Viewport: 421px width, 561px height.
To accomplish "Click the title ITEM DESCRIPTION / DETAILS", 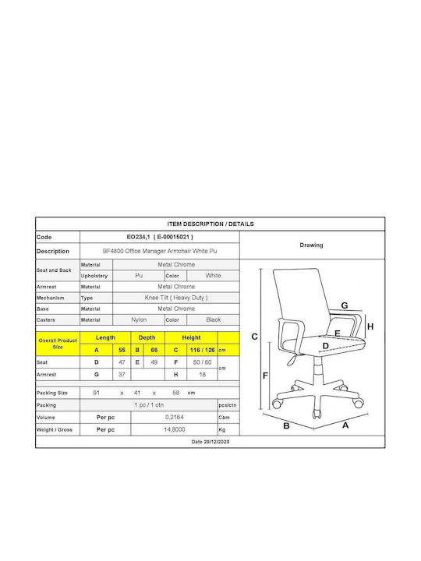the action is [210, 224].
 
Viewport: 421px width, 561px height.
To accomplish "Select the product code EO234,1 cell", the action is [160, 237].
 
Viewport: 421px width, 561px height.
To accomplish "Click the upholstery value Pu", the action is [139, 276].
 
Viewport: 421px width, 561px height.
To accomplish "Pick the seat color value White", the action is [213, 276].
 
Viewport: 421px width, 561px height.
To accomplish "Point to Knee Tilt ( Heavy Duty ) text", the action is [176, 298].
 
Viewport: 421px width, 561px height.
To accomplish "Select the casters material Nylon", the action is [139, 319].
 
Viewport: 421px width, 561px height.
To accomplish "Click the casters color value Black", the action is [214, 319].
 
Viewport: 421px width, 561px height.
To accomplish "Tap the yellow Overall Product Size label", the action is [58, 344].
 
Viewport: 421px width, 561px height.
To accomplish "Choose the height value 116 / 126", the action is [202, 350].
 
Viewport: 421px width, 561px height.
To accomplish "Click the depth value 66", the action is [154, 350].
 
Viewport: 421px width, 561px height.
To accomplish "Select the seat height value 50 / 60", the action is [202, 362].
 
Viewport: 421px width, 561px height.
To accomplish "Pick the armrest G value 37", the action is [122, 374].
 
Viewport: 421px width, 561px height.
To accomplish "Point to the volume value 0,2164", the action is [175, 417].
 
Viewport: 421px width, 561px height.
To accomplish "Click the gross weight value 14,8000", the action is [175, 429].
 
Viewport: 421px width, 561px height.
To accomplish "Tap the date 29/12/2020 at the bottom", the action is [210, 442].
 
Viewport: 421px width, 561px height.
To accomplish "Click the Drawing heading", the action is [311, 245].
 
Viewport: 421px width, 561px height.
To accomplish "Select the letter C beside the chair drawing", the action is [254, 337].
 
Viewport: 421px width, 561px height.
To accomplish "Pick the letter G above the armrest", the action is [345, 305].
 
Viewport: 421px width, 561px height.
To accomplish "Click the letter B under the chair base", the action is [286, 425].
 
